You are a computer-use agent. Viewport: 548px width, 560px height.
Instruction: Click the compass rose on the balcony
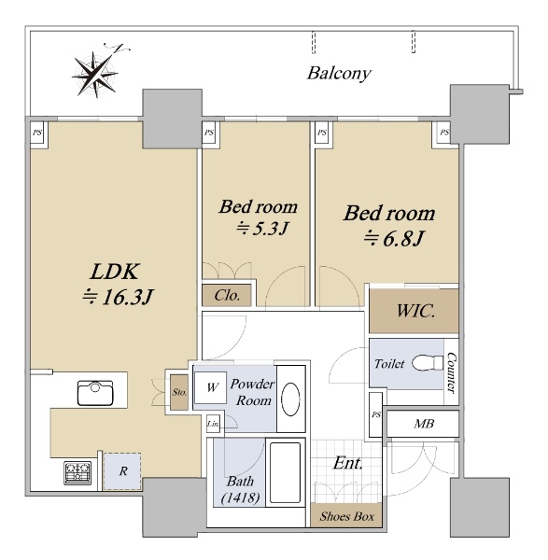(96, 74)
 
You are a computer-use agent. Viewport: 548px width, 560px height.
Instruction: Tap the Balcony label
(339, 74)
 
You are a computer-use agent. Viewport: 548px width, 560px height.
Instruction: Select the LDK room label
(114, 272)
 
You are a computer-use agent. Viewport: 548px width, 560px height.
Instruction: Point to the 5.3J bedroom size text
(261, 229)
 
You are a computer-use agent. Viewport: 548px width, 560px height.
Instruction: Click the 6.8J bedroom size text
(394, 239)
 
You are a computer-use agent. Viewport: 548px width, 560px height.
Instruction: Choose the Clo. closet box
(227, 295)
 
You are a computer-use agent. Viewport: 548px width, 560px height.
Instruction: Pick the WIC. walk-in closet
(414, 311)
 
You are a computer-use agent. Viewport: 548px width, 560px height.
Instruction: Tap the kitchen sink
(95, 393)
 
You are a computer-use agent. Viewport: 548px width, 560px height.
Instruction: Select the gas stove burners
(77, 473)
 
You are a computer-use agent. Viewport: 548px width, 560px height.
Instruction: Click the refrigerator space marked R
(122, 471)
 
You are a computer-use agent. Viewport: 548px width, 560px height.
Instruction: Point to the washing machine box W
(210, 387)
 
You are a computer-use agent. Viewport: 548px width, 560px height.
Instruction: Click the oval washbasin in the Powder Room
(290, 399)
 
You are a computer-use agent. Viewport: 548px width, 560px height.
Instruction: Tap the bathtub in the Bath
(285, 472)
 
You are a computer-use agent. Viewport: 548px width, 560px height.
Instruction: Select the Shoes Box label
(347, 516)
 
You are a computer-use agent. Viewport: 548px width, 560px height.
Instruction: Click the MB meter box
(423, 424)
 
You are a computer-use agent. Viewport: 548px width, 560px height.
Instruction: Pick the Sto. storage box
(179, 392)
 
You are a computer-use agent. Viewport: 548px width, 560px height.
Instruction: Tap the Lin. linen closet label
(213, 425)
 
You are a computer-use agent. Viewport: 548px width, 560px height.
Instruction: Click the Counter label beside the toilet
(451, 373)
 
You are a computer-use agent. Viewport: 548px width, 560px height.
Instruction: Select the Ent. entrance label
(347, 463)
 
